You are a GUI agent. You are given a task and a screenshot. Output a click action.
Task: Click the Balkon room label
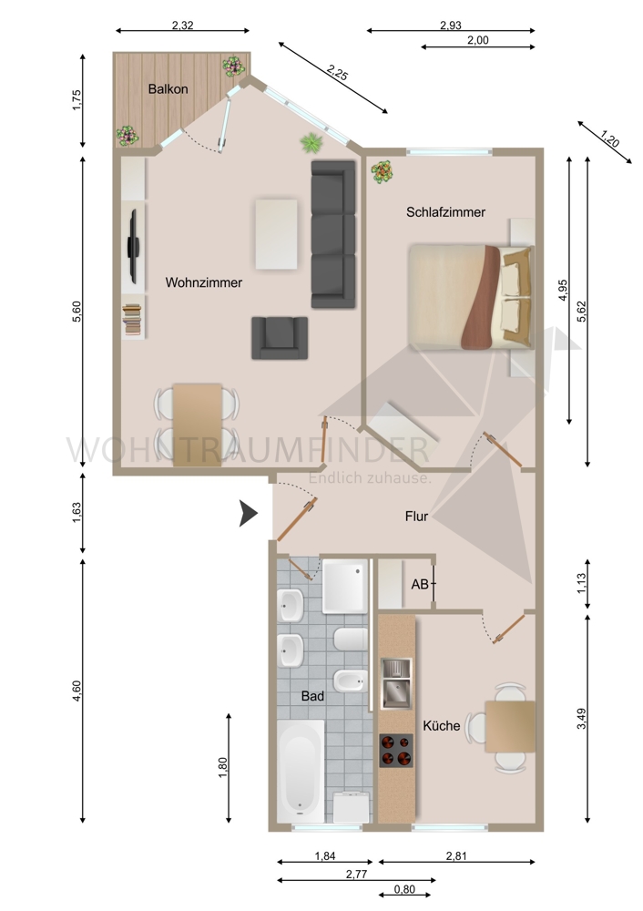point(168,89)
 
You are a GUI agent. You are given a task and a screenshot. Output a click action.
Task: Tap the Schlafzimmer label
point(445,212)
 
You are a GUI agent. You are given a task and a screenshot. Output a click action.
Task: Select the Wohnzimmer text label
point(204,283)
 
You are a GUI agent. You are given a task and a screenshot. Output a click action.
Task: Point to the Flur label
point(416,517)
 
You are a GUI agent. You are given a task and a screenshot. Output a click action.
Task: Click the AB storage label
point(420,584)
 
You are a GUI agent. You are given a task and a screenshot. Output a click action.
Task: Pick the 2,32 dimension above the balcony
point(182,26)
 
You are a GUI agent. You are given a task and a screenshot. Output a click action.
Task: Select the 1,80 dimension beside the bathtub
point(223,769)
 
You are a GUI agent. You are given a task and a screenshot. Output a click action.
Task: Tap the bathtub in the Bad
point(300,768)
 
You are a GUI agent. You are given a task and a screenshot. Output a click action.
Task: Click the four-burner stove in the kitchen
point(395,750)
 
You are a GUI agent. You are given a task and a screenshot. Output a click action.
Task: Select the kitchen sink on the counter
point(396,684)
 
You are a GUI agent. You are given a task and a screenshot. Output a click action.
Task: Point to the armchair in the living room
point(280,336)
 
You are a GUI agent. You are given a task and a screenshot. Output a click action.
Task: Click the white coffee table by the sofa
point(277,234)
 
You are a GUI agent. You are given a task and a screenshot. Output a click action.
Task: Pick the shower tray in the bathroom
point(345,586)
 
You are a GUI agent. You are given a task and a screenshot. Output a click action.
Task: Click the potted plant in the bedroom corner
point(382,171)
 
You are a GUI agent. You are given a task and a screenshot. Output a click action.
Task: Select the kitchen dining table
point(509,726)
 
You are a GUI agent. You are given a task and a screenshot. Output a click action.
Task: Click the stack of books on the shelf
point(132,321)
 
